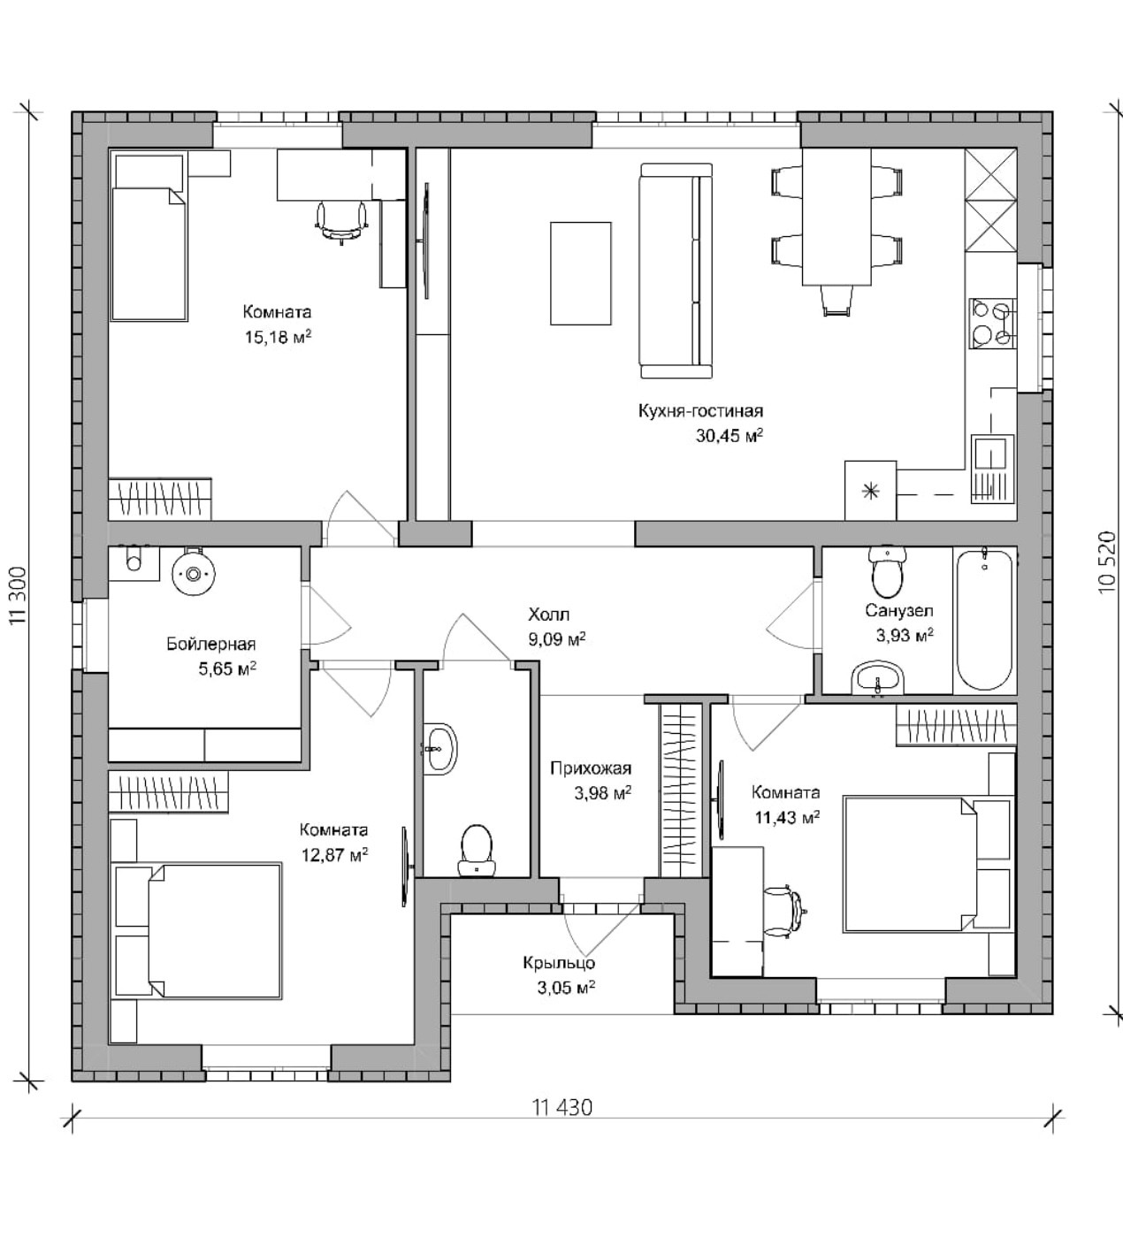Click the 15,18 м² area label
(x=278, y=337)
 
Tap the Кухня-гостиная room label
(x=700, y=410)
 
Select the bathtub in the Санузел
(x=984, y=619)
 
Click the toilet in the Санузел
(x=887, y=572)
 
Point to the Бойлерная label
(x=211, y=644)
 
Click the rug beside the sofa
(x=580, y=273)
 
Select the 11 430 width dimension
(x=562, y=1107)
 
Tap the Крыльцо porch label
(x=559, y=963)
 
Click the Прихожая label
(x=591, y=768)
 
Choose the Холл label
(x=548, y=614)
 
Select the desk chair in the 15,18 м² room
(x=340, y=218)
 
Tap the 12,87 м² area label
(x=334, y=855)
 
